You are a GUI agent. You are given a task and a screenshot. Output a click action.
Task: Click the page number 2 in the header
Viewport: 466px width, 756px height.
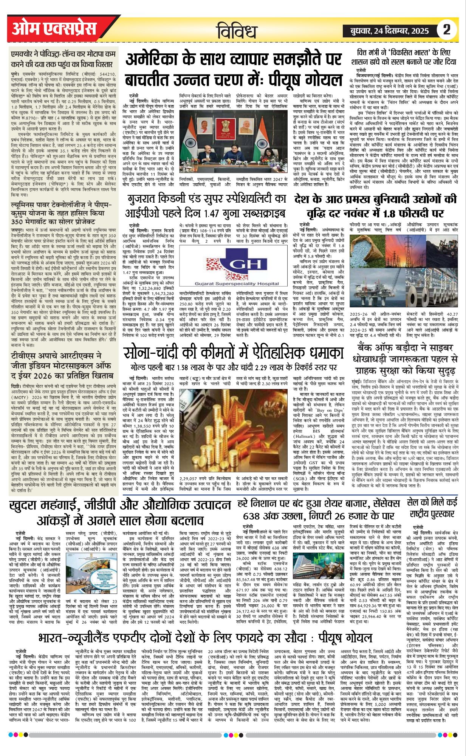pos(447,29)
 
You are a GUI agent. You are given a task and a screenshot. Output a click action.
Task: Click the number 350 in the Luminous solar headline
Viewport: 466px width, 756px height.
pos(20,222)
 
